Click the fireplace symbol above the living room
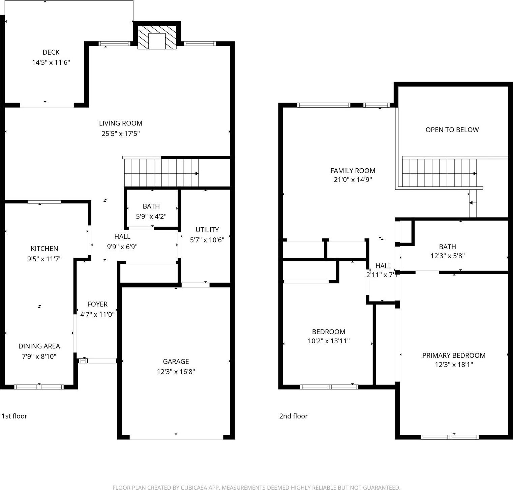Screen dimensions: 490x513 (157, 37)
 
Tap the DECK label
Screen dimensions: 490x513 (51, 52)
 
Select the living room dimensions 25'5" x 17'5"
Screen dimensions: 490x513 (121, 134)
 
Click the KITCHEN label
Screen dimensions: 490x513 (44, 249)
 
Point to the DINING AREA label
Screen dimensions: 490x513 (39, 346)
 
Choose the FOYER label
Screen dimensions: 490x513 (97, 304)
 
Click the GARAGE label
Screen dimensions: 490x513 (176, 362)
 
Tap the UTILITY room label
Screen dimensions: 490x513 (207, 230)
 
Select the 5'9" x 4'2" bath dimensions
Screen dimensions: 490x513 (151, 217)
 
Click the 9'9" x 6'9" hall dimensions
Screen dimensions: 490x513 (122, 247)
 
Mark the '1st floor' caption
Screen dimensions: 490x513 (14, 416)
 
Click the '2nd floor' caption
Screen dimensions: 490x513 (293, 416)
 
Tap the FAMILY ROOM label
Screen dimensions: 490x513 (353, 171)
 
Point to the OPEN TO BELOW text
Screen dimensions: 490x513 (452, 130)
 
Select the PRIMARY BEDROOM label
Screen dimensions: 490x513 (454, 355)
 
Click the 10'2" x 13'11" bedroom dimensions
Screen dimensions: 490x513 (329, 341)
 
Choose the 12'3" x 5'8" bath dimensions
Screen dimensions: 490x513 (447, 256)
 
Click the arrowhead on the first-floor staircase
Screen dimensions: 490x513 (197, 174)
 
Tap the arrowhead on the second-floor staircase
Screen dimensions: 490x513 (475, 174)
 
